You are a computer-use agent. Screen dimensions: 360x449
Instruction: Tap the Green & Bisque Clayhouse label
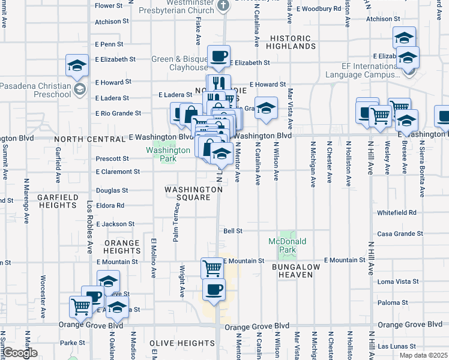click(172, 63)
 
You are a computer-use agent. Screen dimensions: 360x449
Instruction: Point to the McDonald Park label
click(288, 245)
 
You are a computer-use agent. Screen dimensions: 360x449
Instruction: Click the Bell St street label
click(232, 230)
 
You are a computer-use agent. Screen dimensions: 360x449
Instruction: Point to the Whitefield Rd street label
click(397, 212)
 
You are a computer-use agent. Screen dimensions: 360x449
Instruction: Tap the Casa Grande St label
click(400, 233)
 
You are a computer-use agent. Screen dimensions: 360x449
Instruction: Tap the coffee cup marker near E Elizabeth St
click(218, 56)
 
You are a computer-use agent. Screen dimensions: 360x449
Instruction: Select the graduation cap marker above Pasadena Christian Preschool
click(77, 65)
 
